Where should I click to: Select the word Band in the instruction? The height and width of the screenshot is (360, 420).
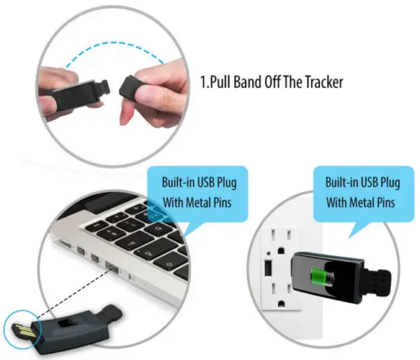(x=260, y=82)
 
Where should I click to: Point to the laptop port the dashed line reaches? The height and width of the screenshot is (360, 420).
(x=108, y=268)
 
